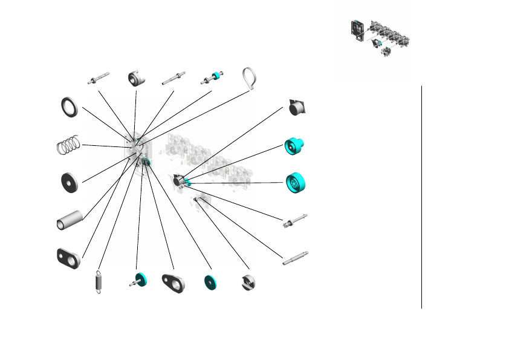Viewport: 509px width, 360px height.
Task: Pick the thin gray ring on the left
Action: click(69, 106)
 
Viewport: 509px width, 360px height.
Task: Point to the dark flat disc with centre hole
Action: click(70, 182)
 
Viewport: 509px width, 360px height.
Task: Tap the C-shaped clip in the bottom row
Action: click(248, 283)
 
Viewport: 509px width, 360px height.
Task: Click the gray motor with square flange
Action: click(299, 107)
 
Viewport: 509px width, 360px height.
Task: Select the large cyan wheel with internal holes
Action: click(296, 183)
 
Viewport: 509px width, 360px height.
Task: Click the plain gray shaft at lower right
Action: click(295, 258)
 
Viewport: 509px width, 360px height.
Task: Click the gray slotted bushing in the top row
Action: click(135, 79)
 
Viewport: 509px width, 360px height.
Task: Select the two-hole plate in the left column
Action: click(68, 258)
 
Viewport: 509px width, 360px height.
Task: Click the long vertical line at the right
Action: click(421, 197)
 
